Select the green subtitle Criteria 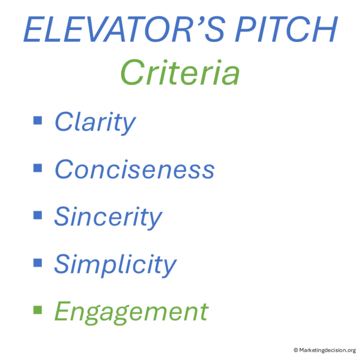pos(180,74)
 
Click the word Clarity pos(95,122)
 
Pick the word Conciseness pos(134,169)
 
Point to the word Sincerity pos(108,217)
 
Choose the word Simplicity pos(115,264)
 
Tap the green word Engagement pos(131,312)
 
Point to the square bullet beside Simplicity pos(38,262)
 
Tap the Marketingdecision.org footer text pos(327,349)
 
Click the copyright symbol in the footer pos(296,349)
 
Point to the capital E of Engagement pos(63,311)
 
